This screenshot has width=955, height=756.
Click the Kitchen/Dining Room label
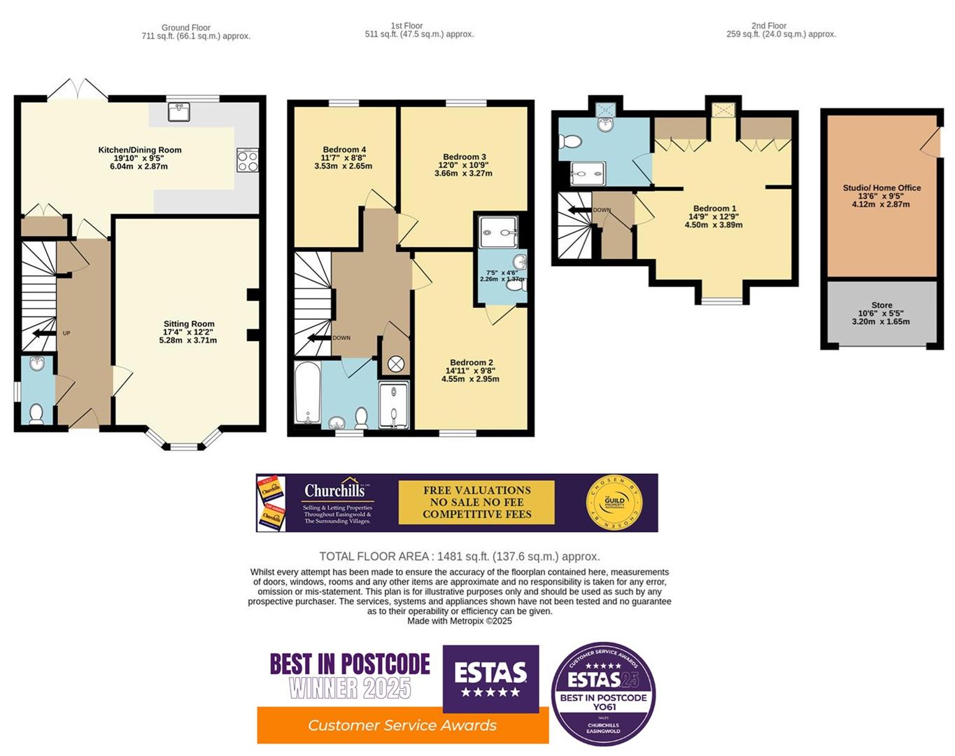click(139, 150)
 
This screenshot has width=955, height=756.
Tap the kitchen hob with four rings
click(248, 160)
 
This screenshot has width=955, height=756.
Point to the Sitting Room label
click(189, 324)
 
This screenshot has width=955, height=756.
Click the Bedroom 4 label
click(344, 150)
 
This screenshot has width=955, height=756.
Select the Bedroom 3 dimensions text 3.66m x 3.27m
click(463, 173)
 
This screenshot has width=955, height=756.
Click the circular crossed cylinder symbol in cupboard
click(396, 364)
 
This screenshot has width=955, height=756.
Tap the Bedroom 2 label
click(471, 363)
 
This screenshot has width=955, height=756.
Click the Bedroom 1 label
click(714, 209)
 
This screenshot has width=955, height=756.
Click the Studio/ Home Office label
click(882, 188)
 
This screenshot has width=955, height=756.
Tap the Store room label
click(882, 305)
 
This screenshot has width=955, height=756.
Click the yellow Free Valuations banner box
click(476, 502)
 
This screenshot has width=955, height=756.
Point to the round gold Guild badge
click(614, 502)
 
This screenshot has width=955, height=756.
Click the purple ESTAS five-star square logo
click(490, 678)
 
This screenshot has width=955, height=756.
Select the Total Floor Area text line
click(460, 556)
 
